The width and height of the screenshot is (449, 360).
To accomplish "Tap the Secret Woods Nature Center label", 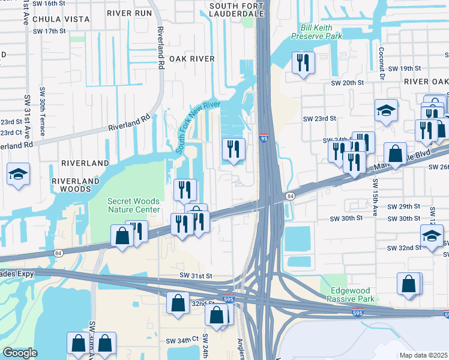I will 134,205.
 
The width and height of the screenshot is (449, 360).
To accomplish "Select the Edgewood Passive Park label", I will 352,294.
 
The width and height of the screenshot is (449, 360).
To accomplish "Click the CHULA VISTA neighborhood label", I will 61,19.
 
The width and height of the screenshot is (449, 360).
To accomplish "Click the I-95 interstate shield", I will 264,138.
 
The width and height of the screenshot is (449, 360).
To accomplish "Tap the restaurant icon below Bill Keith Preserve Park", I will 303,62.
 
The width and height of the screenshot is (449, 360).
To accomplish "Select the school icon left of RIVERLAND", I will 19,174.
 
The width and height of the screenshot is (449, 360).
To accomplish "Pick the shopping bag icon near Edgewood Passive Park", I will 409,284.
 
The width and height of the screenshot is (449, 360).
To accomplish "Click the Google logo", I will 20,353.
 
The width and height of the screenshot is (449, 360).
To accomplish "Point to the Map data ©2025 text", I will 424,355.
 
